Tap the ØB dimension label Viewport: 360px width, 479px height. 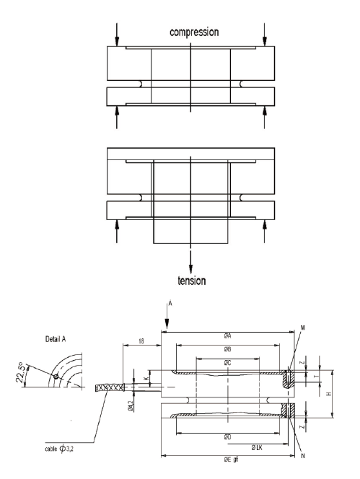tap(227, 349)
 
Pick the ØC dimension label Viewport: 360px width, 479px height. tap(227, 361)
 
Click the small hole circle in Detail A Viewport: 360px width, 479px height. tap(56, 377)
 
